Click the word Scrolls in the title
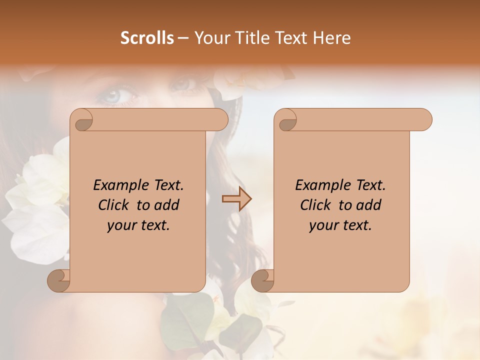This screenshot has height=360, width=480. click(x=147, y=38)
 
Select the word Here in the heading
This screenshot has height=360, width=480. click(x=331, y=38)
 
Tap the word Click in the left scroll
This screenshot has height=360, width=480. click(x=115, y=205)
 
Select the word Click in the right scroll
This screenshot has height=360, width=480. click(x=317, y=205)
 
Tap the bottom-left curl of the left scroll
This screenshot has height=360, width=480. click(x=58, y=280)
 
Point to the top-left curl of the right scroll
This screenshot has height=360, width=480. click(x=286, y=120)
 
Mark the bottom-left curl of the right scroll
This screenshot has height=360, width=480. click(x=262, y=280)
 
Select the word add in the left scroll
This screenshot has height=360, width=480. click(x=166, y=205)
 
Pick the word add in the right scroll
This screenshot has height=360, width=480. click(x=368, y=205)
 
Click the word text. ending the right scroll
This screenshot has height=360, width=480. click(x=355, y=225)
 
